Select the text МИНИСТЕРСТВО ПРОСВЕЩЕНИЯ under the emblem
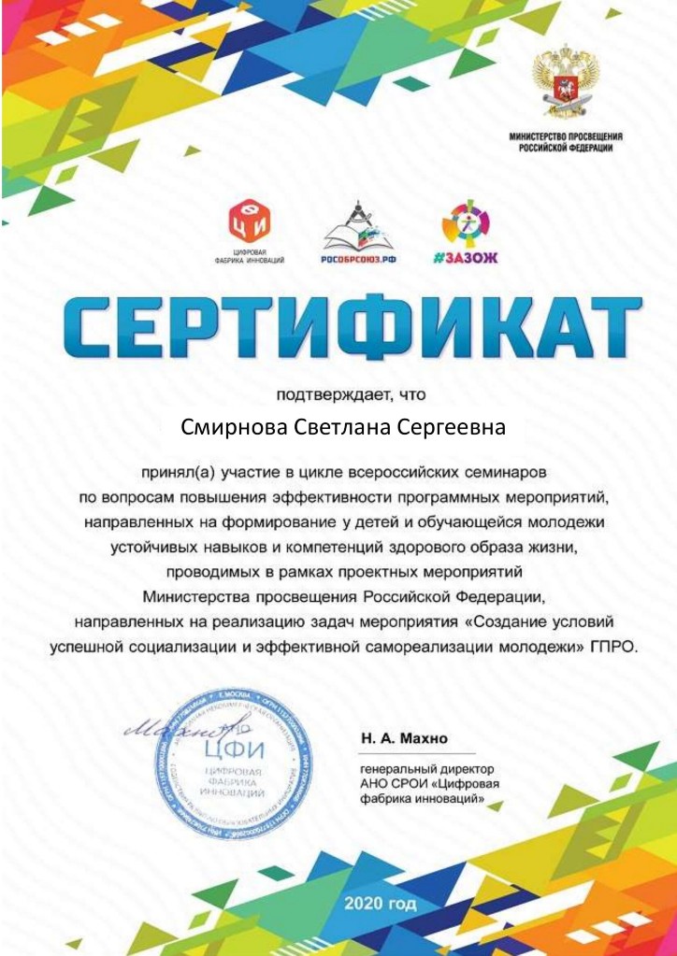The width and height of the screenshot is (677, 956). pyautogui.click(x=566, y=136)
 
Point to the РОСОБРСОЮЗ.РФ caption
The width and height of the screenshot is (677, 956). pyautogui.click(x=359, y=256)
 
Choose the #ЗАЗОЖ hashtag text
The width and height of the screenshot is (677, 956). pyautogui.click(x=465, y=256)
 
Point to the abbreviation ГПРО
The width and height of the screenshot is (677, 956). pyautogui.click(x=613, y=646)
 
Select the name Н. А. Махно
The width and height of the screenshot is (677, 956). pyautogui.click(x=404, y=738)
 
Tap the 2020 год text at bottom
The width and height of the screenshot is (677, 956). pyautogui.click(x=380, y=904)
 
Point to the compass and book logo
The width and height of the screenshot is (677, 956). pyautogui.click(x=359, y=224)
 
